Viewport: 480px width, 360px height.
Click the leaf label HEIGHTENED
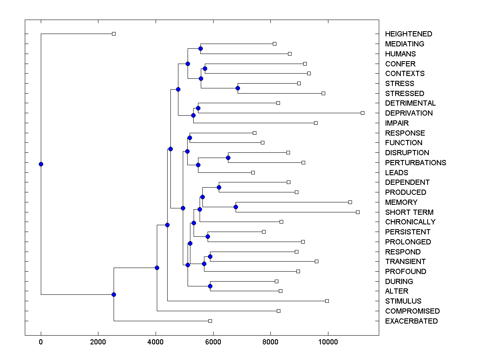tap(408, 34)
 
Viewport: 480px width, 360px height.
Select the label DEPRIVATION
tap(409, 113)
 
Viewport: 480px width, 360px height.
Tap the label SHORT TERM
tap(409, 212)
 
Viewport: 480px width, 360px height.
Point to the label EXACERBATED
tap(411, 321)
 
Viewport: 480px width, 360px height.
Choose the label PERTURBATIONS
tap(416, 163)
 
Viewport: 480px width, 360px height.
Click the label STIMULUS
tap(403, 301)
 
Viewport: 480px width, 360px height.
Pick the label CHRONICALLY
tap(410, 222)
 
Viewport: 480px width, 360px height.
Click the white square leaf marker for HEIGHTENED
tap(114, 34)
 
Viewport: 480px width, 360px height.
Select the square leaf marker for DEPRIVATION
tap(362, 113)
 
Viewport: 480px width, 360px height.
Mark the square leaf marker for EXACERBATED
tap(210, 321)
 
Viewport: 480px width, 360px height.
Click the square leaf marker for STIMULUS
tap(327, 301)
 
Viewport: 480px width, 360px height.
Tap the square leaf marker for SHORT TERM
tap(358, 212)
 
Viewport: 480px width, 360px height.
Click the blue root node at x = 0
tap(41, 164)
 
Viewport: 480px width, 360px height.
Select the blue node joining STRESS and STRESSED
tap(238, 88)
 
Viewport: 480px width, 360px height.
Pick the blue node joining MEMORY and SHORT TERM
tap(236, 207)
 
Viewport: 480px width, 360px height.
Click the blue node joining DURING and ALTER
tap(210, 286)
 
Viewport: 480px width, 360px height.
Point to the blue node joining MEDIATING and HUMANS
tap(200, 48)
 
